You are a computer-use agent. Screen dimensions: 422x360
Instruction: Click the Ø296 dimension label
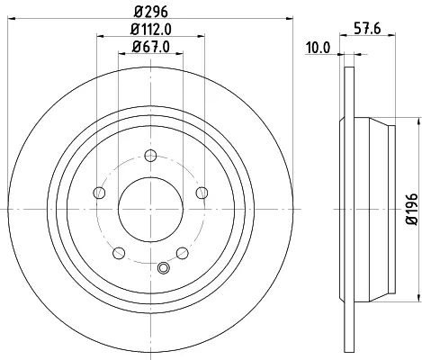(151, 12)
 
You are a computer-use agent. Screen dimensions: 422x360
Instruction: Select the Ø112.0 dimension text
(151, 30)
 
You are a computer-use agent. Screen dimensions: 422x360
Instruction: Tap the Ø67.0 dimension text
(151, 47)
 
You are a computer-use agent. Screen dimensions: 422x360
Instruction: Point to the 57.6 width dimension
(367, 29)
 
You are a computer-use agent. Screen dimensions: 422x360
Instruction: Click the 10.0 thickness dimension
(318, 48)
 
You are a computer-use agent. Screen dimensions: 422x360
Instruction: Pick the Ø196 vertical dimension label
(412, 209)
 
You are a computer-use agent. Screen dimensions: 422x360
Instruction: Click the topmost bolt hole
(150, 156)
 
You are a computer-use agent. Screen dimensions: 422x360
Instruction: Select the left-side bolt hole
(99, 193)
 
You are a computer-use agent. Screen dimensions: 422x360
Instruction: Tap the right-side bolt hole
(202, 193)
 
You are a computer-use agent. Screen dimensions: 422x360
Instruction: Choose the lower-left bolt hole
(119, 253)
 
